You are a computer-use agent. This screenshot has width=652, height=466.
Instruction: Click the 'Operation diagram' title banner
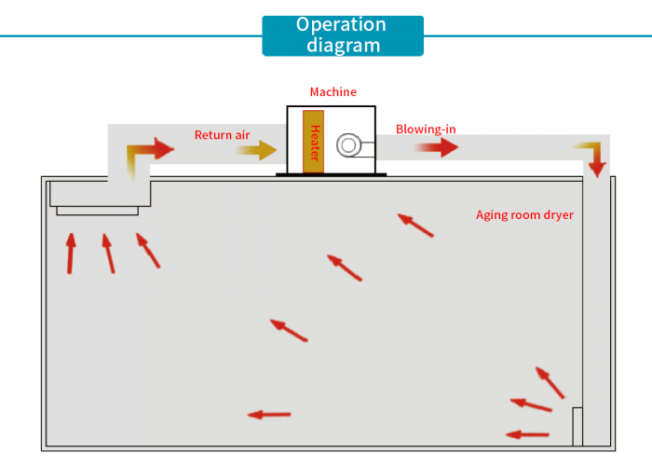pyautogui.click(x=342, y=35)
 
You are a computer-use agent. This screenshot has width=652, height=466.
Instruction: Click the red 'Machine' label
pyautogui.click(x=333, y=92)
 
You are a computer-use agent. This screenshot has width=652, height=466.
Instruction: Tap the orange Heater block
pyautogui.click(x=314, y=143)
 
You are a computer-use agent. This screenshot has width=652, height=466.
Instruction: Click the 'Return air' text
pyautogui.click(x=222, y=135)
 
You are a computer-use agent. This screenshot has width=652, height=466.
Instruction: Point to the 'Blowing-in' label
pyautogui.click(x=426, y=130)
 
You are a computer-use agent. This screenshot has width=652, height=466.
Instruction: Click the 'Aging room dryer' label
pyautogui.click(x=524, y=215)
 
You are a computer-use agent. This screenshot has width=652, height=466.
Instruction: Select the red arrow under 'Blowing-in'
pyautogui.click(x=436, y=147)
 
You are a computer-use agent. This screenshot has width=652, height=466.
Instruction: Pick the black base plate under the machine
pyautogui.click(x=331, y=175)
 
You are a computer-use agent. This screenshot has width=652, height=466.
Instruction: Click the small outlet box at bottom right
pyautogui.click(x=577, y=427)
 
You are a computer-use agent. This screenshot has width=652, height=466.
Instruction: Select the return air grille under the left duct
pyautogui.click(x=97, y=211)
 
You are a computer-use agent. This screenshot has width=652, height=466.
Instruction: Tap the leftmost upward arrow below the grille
pyautogui.click(x=71, y=253)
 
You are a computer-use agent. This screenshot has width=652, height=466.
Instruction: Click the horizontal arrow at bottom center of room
pyautogui.click(x=269, y=415)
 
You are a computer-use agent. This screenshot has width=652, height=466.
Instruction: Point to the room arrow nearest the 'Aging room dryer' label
pyautogui.click(x=415, y=225)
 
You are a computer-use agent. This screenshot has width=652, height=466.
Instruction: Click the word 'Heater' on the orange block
pyautogui.click(x=315, y=143)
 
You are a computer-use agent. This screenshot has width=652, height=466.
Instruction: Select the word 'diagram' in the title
pyautogui.click(x=342, y=45)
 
